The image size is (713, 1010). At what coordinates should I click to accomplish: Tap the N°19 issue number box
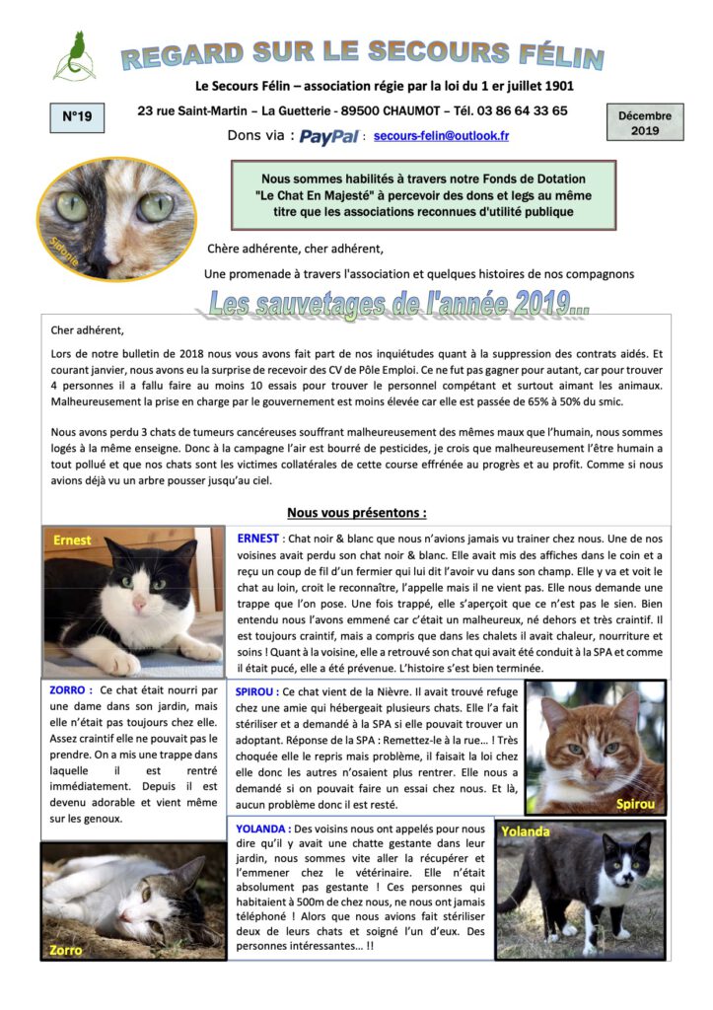77,117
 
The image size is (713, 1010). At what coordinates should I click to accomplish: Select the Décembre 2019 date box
645,122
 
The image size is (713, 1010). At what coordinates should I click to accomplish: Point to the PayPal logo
328,137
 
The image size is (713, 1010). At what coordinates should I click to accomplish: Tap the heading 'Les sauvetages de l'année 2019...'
399,303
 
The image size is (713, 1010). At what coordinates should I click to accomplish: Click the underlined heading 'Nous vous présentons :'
356,513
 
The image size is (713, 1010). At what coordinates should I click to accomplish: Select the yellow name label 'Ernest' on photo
73,541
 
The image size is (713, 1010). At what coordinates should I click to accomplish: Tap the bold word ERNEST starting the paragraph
258,539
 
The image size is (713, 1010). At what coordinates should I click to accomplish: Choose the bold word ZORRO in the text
69,690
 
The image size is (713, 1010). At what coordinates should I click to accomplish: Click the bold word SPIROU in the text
257,692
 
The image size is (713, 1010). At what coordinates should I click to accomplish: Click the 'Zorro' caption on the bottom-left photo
67,950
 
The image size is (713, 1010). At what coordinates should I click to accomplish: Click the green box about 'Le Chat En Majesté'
422,195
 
